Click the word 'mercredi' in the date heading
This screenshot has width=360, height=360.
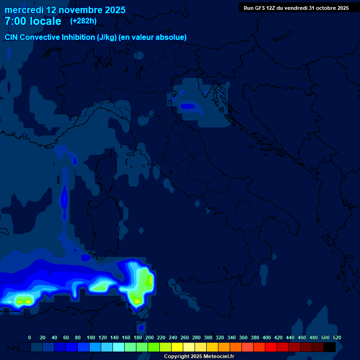23,10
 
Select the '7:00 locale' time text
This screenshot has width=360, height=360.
33,21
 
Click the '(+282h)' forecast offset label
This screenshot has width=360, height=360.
84,21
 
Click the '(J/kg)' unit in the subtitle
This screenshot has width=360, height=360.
107,37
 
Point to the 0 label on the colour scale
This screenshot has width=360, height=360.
30,337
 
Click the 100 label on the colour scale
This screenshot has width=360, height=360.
91,337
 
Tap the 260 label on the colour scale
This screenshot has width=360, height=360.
185,337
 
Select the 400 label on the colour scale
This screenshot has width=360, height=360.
267,337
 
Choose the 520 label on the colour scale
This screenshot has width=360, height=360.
337,337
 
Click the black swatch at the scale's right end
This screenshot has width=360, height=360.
330,347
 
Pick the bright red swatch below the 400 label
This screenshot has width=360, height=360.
271,347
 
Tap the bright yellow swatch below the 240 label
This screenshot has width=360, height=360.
177,347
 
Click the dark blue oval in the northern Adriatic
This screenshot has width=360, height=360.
188,106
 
